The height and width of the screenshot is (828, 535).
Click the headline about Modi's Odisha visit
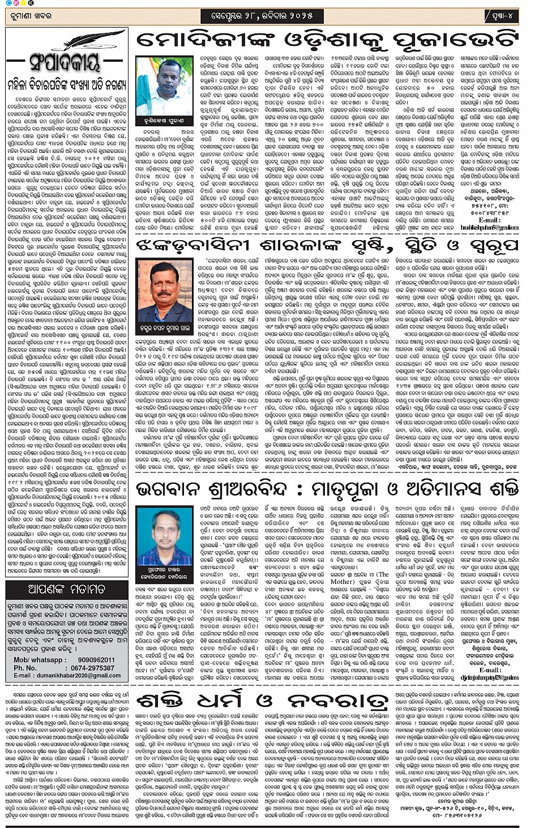(x=327, y=41)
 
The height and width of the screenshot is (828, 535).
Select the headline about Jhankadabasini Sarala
(x=327, y=245)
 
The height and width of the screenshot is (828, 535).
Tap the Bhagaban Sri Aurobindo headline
(x=327, y=489)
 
